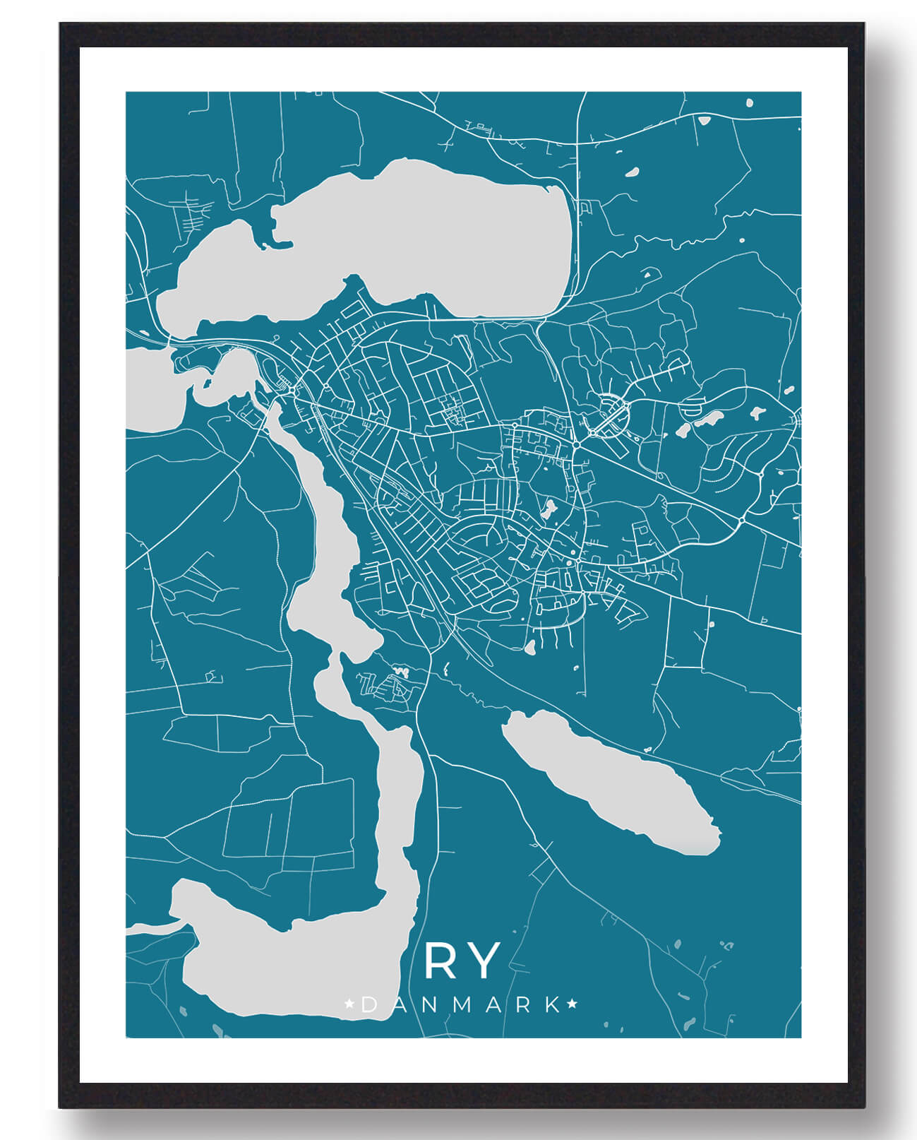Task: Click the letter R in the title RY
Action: (x=443, y=961)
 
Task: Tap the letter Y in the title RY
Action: (x=484, y=961)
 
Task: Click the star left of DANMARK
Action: (x=349, y=1004)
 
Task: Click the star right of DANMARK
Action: (x=573, y=1004)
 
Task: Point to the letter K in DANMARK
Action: (x=553, y=1005)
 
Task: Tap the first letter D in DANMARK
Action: (x=368, y=1005)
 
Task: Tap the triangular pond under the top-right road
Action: (x=703, y=119)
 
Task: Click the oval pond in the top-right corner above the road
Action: (x=748, y=103)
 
